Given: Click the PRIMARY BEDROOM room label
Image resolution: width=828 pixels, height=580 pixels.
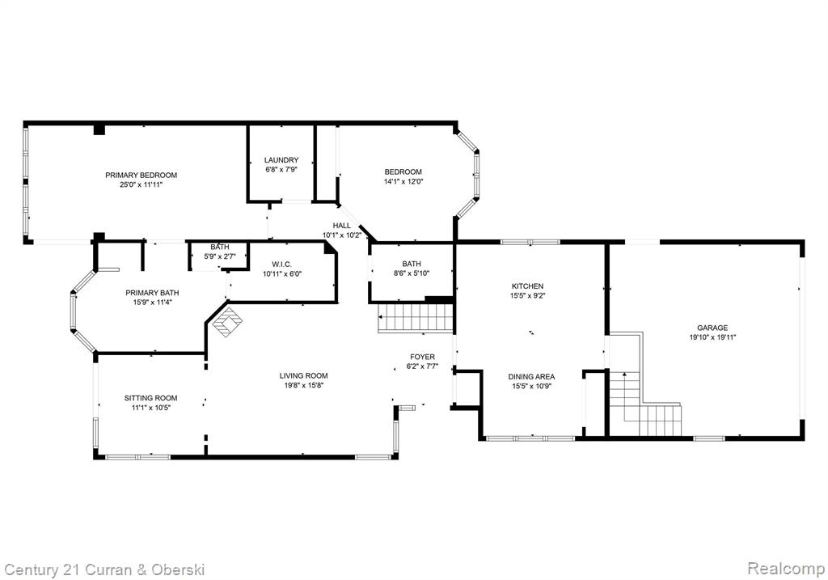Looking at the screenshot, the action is click(141, 175).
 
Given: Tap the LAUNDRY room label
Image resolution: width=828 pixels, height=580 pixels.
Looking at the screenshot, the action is click(281, 159).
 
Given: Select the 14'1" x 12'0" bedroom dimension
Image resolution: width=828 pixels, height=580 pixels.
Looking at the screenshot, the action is click(403, 181).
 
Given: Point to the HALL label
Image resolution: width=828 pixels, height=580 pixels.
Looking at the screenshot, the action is click(342, 226).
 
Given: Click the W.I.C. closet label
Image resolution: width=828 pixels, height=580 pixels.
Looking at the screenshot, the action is click(282, 265).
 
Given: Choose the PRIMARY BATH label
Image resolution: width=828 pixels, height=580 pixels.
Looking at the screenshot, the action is click(152, 293).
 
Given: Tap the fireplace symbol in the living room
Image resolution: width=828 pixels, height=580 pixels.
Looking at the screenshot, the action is click(227, 322).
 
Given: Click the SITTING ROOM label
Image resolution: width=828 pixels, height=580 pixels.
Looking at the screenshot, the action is click(151, 398).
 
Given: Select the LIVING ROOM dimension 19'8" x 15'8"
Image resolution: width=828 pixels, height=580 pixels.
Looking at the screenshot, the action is click(304, 386).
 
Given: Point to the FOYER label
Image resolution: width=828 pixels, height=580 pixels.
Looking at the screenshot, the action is click(422, 357).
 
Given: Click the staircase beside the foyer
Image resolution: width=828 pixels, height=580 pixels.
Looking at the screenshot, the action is click(416, 318).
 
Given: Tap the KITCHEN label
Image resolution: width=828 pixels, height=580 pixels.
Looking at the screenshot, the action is click(527, 286).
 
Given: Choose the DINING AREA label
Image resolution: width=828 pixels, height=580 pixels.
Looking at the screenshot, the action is click(531, 377).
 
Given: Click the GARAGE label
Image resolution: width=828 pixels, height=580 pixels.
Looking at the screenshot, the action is click(712, 328).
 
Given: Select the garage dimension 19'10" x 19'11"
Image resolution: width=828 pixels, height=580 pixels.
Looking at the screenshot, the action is click(713, 337).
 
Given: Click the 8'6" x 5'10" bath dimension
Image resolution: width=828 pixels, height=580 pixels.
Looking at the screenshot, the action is click(412, 273).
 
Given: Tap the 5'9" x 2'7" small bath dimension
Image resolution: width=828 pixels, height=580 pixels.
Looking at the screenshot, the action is click(220, 256).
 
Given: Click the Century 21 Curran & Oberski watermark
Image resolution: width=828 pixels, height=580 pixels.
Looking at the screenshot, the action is click(104, 570).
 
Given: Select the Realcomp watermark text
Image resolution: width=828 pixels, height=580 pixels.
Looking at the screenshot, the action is click(786, 569).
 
